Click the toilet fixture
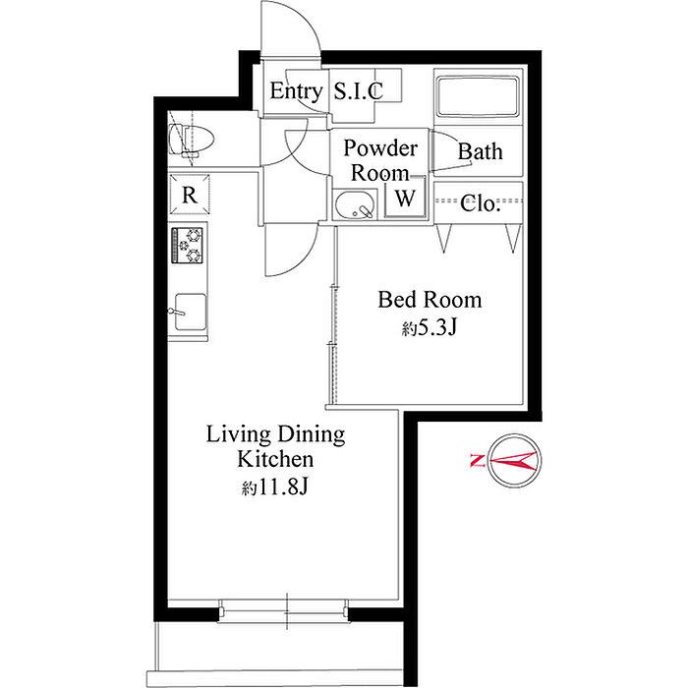point(192,140)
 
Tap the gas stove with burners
point(188,245)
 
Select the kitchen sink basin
point(191,312)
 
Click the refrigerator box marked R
point(190,195)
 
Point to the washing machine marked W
point(405,197)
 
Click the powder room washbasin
point(356,204)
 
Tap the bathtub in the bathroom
point(478,96)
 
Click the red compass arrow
point(513,461)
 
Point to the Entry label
point(296,90)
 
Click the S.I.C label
point(359,90)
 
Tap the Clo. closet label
point(480,203)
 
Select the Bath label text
point(480,151)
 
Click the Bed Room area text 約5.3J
point(430,327)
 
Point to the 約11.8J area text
point(275,487)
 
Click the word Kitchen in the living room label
point(275,459)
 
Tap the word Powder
point(380,147)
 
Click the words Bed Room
point(430,300)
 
